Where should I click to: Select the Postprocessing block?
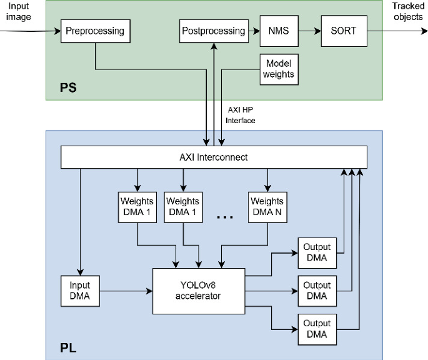(x=213, y=31)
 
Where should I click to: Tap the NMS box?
(x=278, y=31)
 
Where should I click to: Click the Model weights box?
(x=279, y=69)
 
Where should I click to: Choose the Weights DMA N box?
(x=267, y=207)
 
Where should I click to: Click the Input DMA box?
(x=79, y=290)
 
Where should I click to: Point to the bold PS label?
(x=68, y=87)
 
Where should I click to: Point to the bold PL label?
(x=68, y=346)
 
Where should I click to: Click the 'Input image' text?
(x=18, y=11)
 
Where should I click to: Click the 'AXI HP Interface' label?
(x=241, y=115)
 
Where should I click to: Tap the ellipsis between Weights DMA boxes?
(x=224, y=216)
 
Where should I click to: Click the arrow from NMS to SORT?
(x=309, y=31)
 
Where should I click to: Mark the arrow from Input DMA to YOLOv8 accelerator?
(x=126, y=291)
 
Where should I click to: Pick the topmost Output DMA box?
(x=317, y=253)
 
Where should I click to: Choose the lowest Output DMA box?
(x=317, y=329)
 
